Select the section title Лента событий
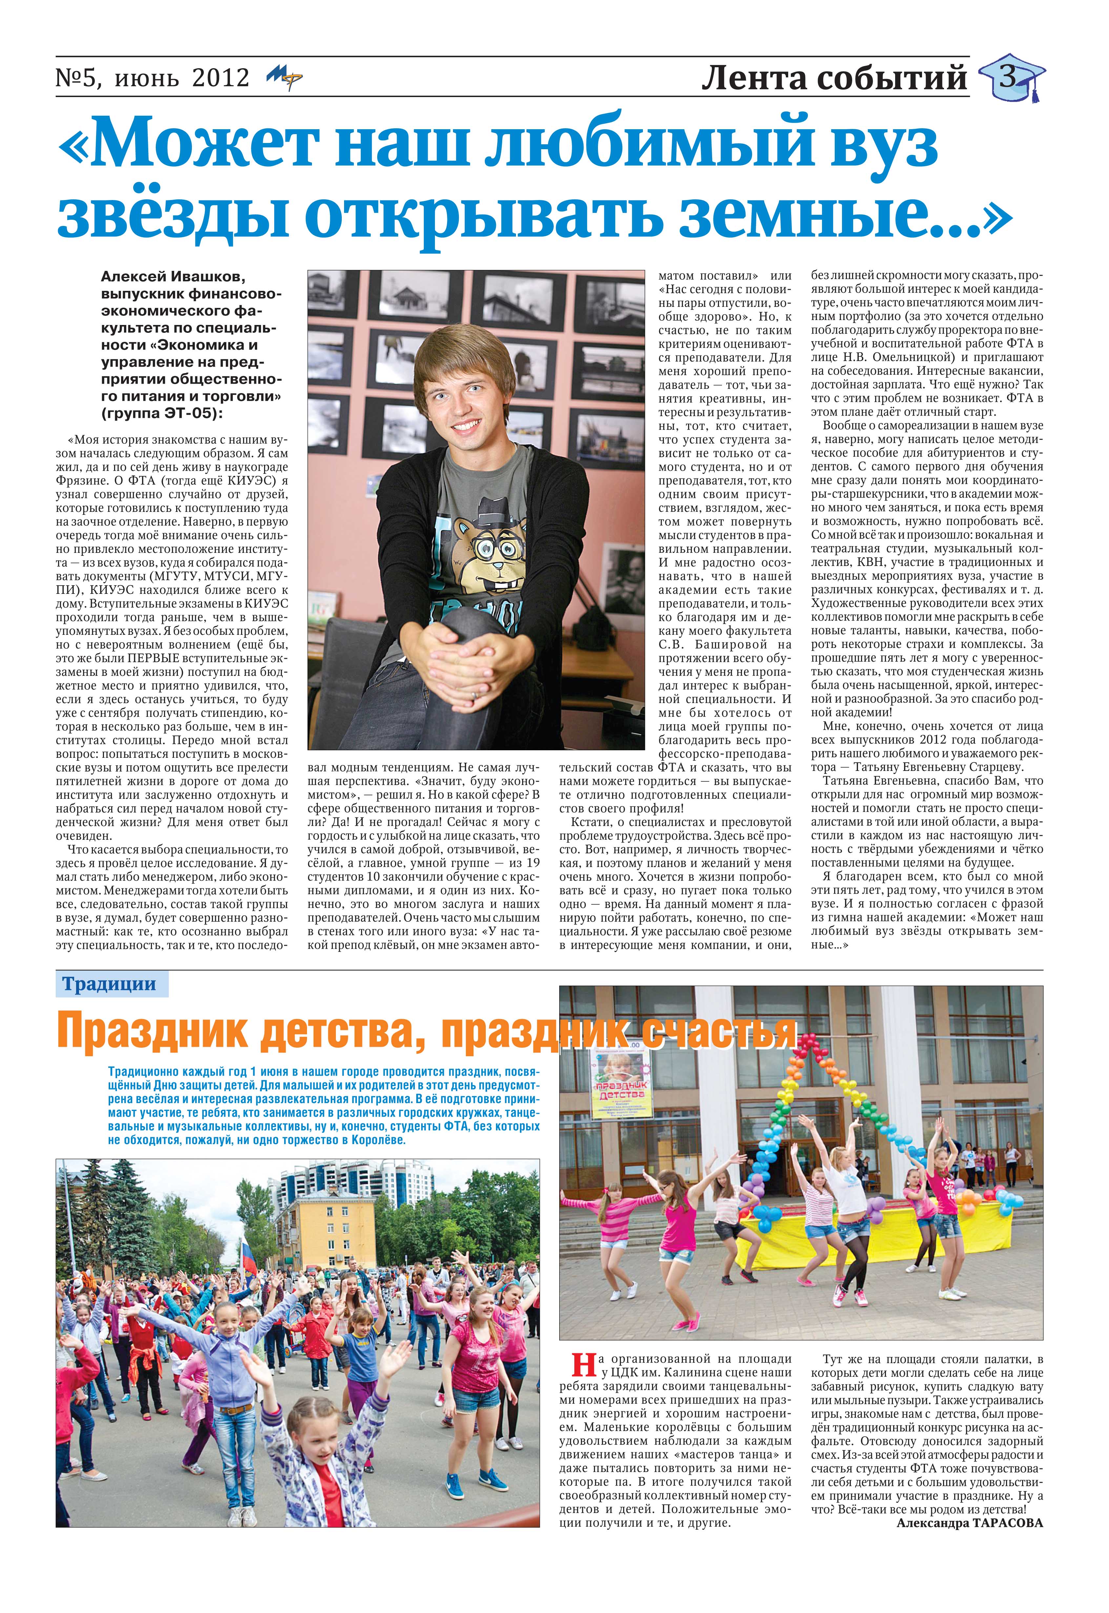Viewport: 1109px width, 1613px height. [834, 78]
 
